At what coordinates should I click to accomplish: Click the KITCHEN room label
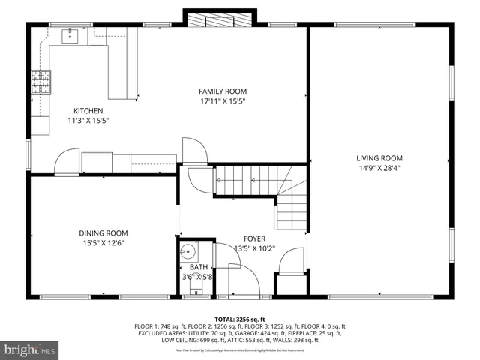(x=88, y=110)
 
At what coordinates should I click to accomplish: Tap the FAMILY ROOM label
(x=223, y=91)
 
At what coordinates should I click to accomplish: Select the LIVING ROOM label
(x=379, y=158)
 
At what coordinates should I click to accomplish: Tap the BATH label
(x=199, y=267)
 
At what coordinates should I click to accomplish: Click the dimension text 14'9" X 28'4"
(x=379, y=169)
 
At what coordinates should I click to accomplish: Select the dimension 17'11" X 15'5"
(x=223, y=100)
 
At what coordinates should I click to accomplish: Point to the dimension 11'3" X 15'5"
(x=88, y=120)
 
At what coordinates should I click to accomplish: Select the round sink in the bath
(x=189, y=251)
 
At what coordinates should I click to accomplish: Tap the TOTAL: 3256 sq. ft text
(x=239, y=319)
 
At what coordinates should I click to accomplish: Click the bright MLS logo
(x=30, y=349)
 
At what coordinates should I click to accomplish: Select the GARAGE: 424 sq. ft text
(x=250, y=333)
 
